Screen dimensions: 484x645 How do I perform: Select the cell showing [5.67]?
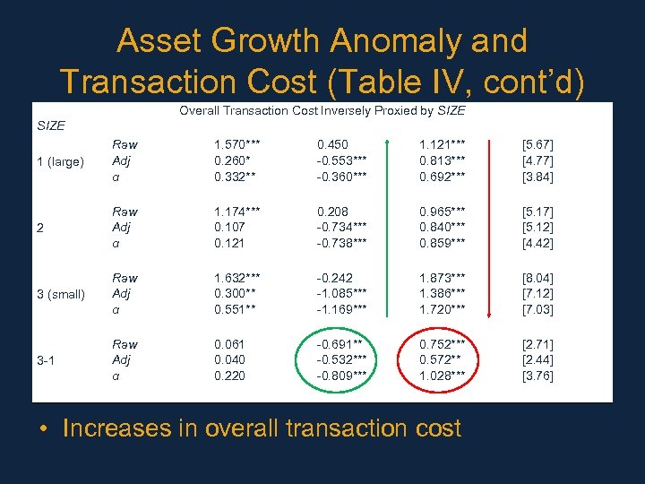tap(537, 144)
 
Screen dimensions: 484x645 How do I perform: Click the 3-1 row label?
tap(47, 360)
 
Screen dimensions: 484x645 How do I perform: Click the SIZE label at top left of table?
tap(50, 125)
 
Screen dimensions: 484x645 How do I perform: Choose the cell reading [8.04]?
tap(537, 278)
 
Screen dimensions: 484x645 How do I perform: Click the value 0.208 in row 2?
tap(333, 212)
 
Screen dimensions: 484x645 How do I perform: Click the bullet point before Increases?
tap(43, 429)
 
